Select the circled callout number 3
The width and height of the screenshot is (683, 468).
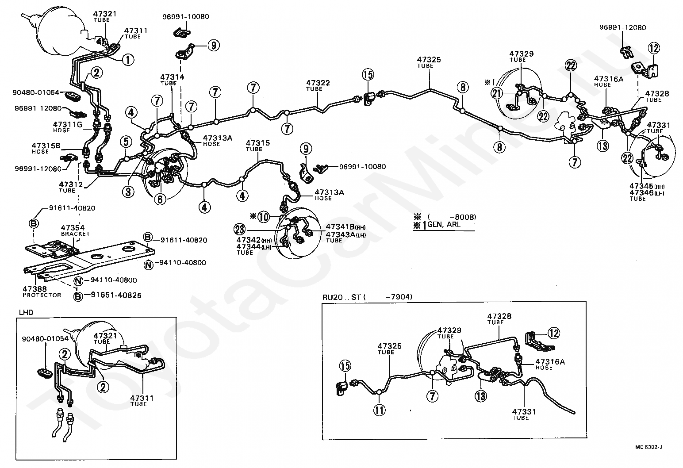tap(128, 192)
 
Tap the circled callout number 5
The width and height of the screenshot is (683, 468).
tap(126, 142)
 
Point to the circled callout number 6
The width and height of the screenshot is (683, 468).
tap(160, 199)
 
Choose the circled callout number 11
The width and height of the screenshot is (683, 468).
tap(380, 410)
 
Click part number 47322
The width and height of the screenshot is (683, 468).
tap(318, 83)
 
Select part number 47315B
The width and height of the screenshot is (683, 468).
tap(46, 145)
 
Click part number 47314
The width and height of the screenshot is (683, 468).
tap(172, 77)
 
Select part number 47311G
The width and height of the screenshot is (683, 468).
tap(67, 124)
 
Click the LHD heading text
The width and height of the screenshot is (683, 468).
tap(26, 312)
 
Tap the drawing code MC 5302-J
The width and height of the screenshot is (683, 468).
tap(649, 447)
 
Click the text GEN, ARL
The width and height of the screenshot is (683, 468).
tap(444, 225)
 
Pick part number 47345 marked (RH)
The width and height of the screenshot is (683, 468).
tap(641, 186)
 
